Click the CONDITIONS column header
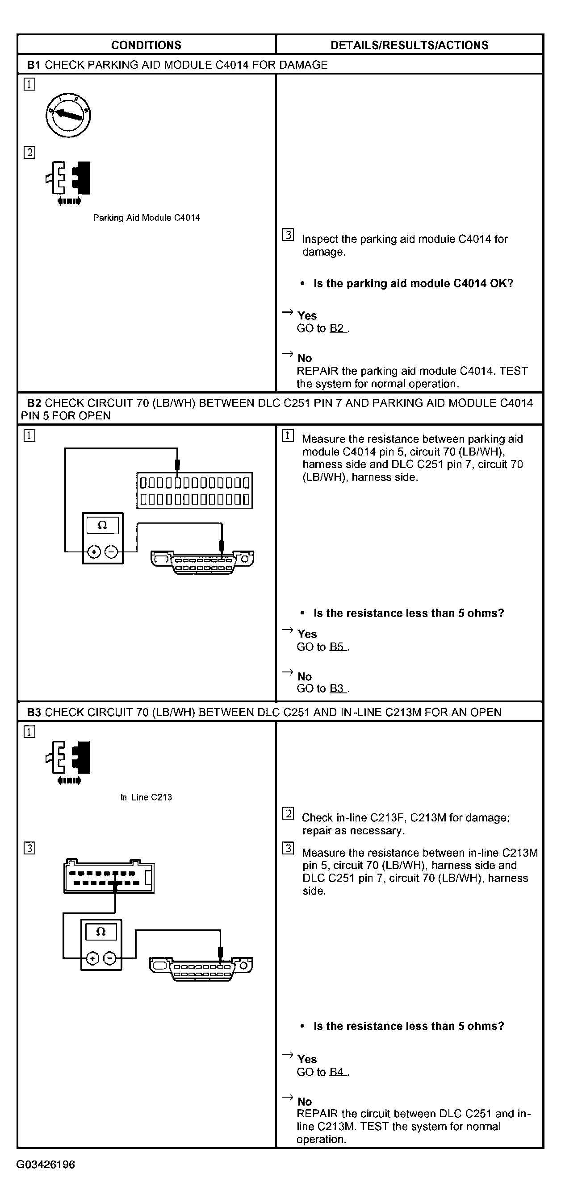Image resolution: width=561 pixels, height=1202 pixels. (146, 45)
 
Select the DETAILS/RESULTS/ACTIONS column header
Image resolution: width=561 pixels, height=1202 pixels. (409, 45)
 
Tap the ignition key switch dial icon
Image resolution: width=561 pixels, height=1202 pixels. (68, 115)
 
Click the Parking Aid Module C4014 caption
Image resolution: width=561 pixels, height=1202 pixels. (146, 218)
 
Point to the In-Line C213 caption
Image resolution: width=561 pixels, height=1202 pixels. (146, 797)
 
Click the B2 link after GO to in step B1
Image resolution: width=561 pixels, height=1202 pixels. (337, 328)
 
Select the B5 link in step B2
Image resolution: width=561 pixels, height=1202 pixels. (337, 647)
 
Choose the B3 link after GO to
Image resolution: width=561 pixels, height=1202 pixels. (337, 689)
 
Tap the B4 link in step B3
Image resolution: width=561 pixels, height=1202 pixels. (337, 1072)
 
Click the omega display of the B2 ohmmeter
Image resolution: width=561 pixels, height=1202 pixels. (102, 526)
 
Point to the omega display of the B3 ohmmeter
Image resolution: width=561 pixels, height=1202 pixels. (101, 932)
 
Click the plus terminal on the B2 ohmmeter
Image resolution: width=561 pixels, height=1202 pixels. (94, 552)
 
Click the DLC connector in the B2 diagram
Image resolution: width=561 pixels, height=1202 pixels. (202, 562)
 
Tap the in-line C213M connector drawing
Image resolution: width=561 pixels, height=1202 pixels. (109, 876)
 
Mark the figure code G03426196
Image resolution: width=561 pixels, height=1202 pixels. (46, 1165)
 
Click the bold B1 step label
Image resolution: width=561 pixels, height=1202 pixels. (33, 65)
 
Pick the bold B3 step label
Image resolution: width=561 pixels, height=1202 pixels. (33, 713)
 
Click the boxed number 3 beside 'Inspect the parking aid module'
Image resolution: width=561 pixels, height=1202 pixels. (288, 235)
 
